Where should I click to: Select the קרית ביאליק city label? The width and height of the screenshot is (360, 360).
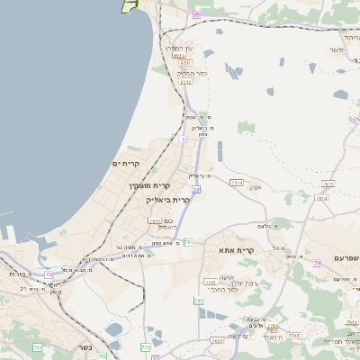click(168, 200)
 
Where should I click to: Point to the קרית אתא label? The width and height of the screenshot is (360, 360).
click(237, 251)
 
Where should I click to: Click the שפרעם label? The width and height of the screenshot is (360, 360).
click(339, 258)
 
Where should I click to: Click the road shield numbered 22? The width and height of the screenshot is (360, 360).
click(195, 190)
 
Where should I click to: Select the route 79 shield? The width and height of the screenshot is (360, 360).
click(317, 264)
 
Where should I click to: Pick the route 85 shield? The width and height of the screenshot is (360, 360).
click(196, 14)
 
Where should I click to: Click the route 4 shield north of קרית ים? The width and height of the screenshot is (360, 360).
click(182, 139)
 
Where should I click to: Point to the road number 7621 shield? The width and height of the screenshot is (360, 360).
click(217, 341)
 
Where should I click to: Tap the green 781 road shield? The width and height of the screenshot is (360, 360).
click(189, 241)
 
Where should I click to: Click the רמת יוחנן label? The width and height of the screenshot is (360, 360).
click(220, 283)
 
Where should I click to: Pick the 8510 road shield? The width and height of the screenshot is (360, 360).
click(185, 63)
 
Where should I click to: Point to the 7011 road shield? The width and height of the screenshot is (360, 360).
click(155, 220)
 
